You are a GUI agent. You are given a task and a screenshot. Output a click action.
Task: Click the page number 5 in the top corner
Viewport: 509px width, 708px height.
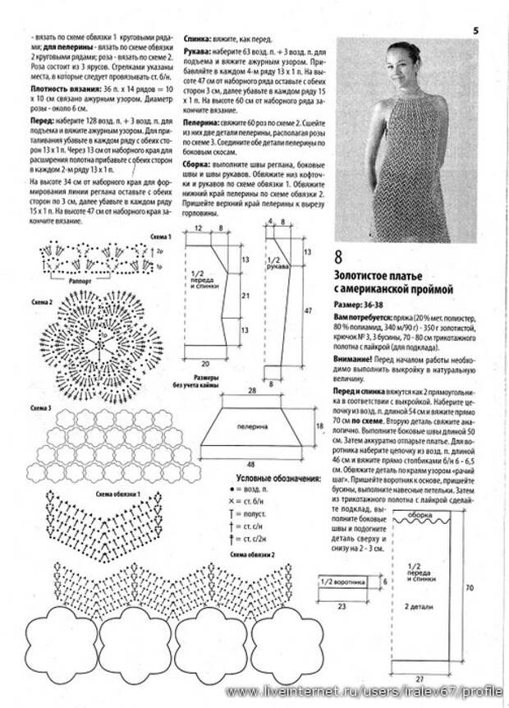[x=475, y=31]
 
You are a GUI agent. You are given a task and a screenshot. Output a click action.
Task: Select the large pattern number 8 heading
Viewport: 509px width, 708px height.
[x=338, y=256]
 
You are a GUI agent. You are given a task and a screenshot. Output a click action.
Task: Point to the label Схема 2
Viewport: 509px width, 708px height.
[x=43, y=302]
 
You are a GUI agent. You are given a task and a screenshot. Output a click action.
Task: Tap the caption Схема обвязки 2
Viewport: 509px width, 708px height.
[x=251, y=556]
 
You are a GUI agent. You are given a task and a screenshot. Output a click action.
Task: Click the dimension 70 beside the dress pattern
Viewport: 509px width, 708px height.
[x=469, y=588]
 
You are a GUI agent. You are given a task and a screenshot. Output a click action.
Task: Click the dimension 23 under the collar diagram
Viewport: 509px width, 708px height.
[x=341, y=605]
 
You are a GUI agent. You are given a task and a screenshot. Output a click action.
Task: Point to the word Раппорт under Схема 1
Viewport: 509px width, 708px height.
[x=80, y=278]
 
